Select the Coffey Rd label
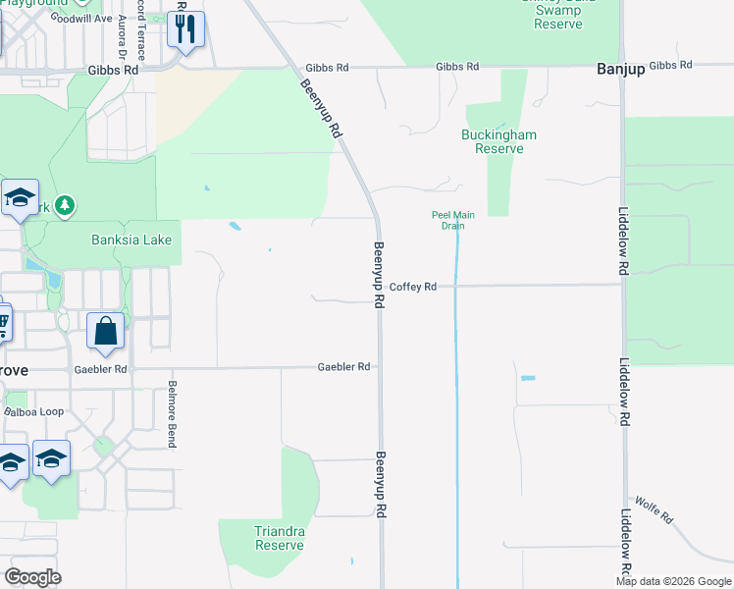coord(412,287)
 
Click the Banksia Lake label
coord(131,240)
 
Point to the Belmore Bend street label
coord(172,413)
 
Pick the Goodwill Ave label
coord(83,18)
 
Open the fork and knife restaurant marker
coord(185,31)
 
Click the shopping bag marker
coord(106,332)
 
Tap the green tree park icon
coord(66,205)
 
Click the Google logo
coord(32,577)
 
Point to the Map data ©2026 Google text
coord(672,581)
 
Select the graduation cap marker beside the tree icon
coord(20,199)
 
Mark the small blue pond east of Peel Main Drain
coord(529,378)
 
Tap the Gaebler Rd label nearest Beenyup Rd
coord(343,367)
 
